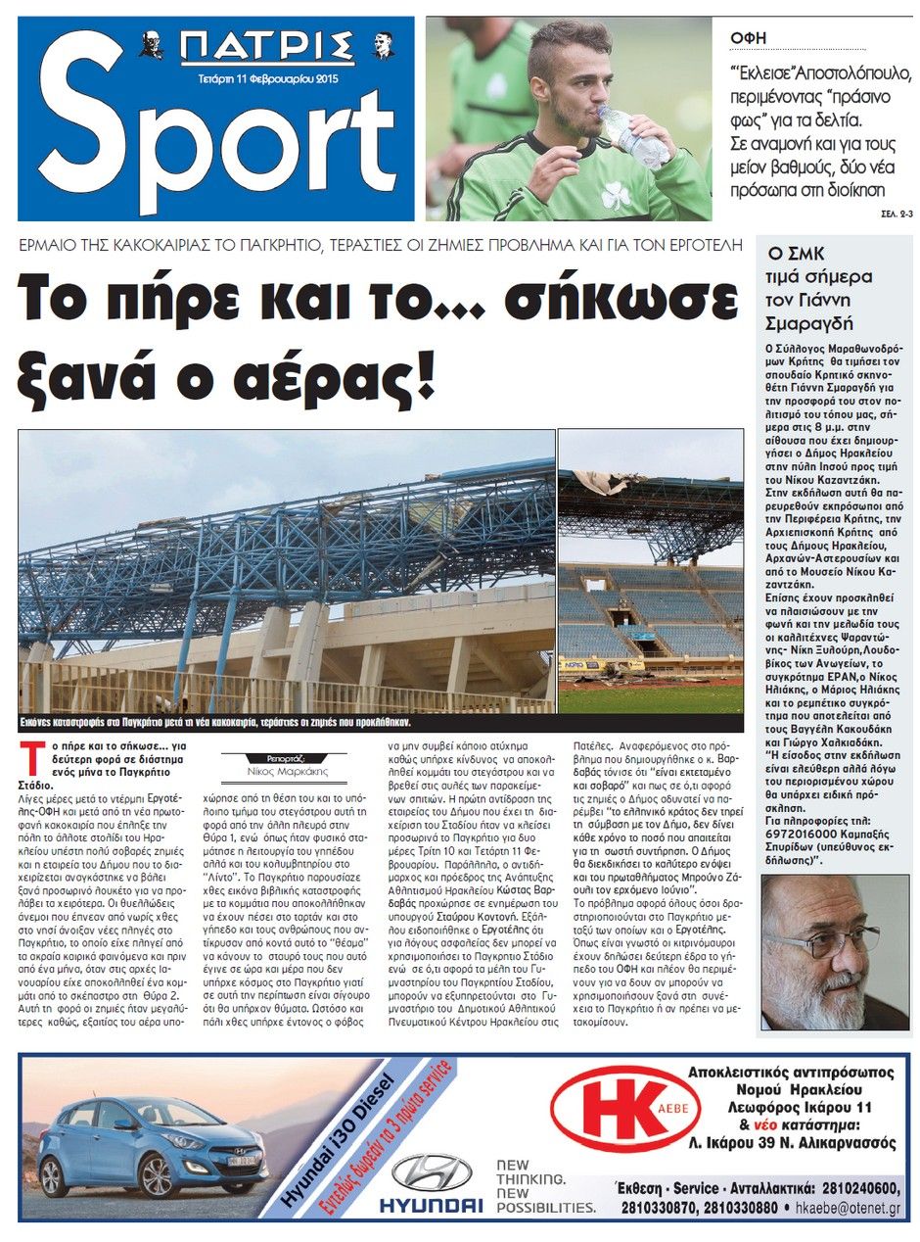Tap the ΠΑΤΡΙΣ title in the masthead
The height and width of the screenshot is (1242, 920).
click(266, 47)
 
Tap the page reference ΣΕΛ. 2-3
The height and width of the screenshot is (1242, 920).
click(888, 212)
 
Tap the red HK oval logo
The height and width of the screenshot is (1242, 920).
click(626, 1121)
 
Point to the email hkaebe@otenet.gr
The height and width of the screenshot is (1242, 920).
click(848, 1209)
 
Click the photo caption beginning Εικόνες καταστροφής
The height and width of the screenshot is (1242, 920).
click(215, 723)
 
